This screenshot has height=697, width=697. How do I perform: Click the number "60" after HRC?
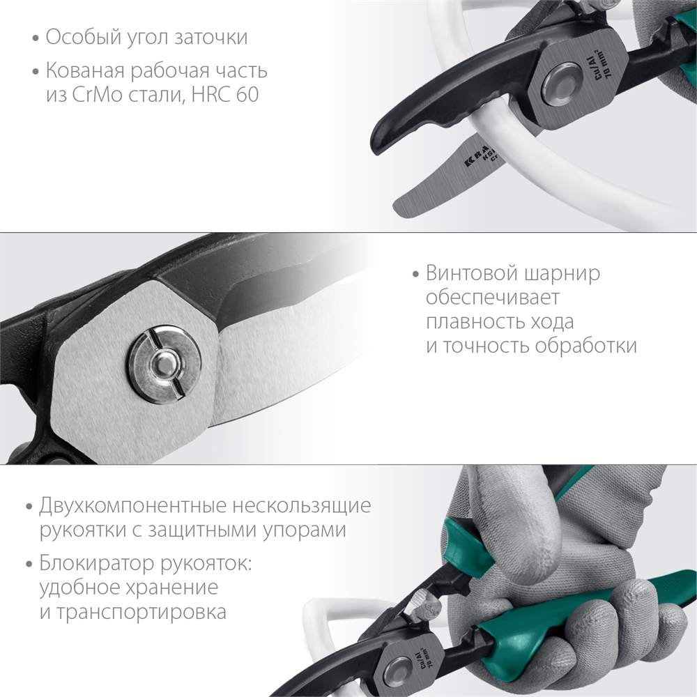click(x=246, y=94)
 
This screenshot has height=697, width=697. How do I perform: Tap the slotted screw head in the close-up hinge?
click(x=162, y=362)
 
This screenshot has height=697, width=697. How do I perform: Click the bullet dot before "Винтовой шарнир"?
click(x=415, y=274)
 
